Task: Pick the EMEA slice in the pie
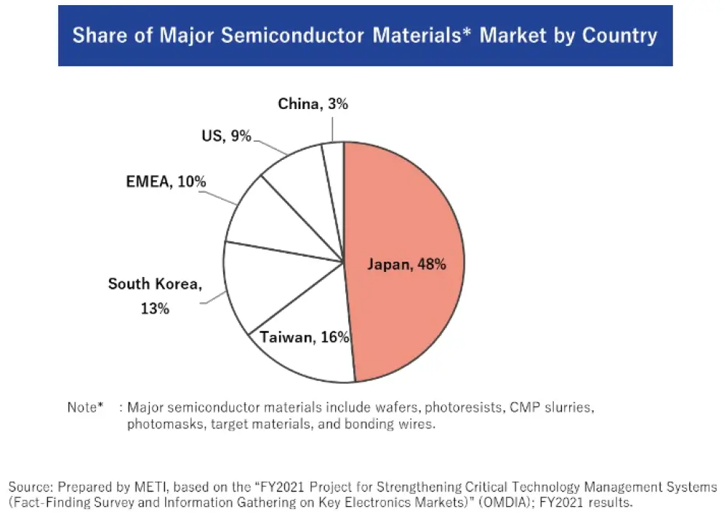[273, 218]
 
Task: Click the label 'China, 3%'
[313, 104]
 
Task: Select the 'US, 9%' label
[226, 135]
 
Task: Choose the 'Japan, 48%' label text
[406, 264]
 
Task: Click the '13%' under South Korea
[155, 308]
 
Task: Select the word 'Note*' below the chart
[85, 407]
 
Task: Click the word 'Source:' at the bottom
[31, 486]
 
